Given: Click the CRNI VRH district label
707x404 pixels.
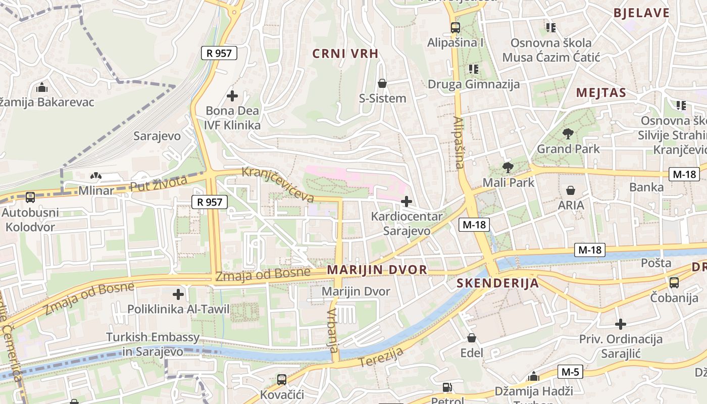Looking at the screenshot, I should point(345,54).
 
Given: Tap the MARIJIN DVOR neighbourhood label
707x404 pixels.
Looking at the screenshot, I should point(377,270).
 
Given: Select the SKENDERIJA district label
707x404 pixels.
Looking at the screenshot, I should point(498,283).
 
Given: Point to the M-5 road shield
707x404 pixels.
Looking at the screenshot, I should point(570,372).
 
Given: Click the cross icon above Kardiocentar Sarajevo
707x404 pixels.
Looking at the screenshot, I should point(407,202).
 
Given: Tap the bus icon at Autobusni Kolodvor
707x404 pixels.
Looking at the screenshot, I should point(30,197).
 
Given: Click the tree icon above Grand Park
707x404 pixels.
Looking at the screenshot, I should point(568,134).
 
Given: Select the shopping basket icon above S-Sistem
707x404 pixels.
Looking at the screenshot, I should point(382,83).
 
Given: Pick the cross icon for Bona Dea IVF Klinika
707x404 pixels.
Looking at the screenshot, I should point(232,95).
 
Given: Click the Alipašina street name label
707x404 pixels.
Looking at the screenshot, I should point(459,142).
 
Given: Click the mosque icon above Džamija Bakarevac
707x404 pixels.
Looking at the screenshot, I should point(42,87).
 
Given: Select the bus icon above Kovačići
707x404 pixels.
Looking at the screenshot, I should point(282,379).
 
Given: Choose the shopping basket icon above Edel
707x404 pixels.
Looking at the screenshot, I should point(472,337).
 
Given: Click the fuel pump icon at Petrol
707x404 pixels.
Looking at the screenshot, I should point(447,387).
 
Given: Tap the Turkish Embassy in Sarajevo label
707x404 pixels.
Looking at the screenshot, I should point(153,344).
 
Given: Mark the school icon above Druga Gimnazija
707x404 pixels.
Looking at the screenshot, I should point(473,69).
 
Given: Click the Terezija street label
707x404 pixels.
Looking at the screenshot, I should point(381,357).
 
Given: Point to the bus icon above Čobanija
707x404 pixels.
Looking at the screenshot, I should point(674,282).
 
